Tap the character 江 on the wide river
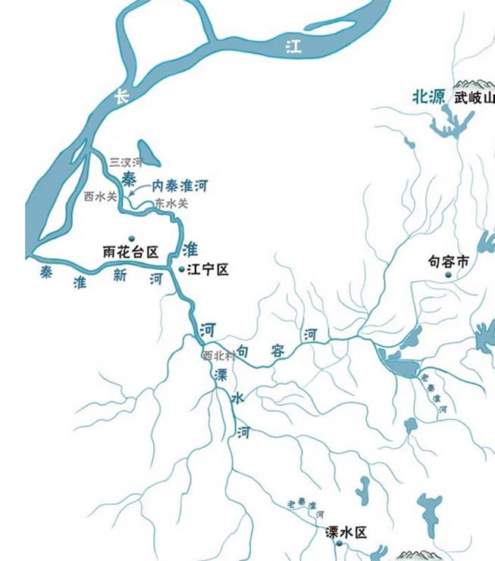[293, 46]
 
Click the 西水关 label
[100, 196]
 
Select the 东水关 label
[171, 203]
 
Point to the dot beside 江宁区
[181, 269]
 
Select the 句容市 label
[449, 262]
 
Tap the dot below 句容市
[449, 276]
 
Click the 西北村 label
[216, 355]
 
